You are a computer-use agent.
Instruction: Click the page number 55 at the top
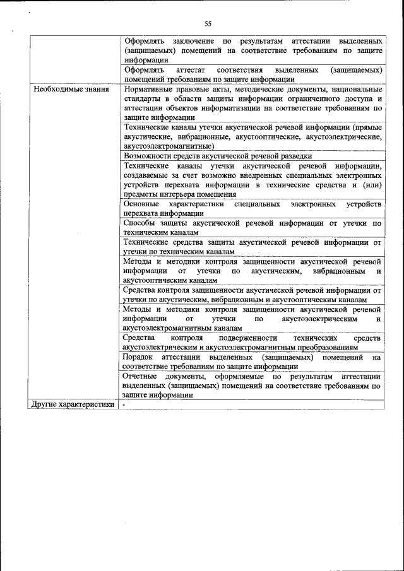coord(207,24)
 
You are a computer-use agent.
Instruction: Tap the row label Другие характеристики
coord(73,404)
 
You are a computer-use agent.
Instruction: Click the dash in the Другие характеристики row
coord(125,404)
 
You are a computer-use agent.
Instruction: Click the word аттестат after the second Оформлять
coord(192,69)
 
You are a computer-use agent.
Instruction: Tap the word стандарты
coord(143,99)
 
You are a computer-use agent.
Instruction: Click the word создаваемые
coord(148,175)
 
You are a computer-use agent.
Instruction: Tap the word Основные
coord(141,204)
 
